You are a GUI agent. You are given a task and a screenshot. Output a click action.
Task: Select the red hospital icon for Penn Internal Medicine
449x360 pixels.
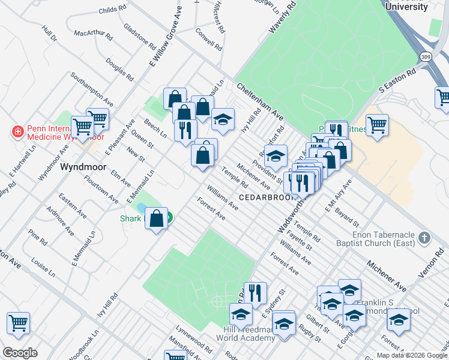(17, 131)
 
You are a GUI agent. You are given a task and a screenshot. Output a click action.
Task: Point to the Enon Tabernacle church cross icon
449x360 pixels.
(425, 237)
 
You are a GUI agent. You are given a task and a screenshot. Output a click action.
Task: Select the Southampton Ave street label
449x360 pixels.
(92, 88)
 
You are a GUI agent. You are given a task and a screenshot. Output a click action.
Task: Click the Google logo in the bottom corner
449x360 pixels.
(20, 353)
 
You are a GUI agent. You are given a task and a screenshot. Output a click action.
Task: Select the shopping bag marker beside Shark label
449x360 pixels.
(156, 219)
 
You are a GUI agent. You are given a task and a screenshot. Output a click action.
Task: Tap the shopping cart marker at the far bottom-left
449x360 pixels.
(18, 323)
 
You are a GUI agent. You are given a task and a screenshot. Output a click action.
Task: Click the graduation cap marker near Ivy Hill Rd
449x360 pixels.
(223, 120)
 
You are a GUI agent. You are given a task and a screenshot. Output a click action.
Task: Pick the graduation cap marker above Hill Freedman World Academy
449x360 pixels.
(241, 314)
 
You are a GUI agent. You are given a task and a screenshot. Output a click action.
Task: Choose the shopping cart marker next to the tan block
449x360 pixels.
(377, 125)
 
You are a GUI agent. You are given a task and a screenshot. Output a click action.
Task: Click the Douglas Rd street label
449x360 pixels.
(119, 69)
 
